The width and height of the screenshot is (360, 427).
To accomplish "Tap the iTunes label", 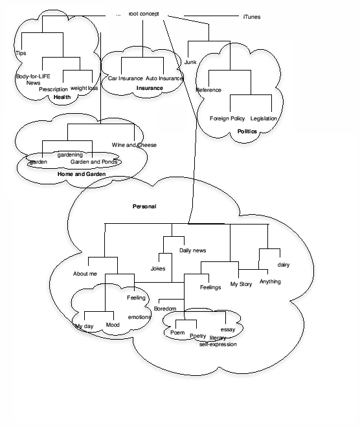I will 252,17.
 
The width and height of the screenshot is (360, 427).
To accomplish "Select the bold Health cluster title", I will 62,97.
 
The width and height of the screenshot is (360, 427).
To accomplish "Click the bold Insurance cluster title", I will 150,88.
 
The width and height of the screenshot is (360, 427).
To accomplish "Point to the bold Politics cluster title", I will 247,131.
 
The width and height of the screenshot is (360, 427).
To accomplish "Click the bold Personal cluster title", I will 144,206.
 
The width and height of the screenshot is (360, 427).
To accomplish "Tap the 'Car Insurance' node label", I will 125,78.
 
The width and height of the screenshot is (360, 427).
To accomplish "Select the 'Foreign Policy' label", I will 227,118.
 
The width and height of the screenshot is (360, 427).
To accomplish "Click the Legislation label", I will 264,118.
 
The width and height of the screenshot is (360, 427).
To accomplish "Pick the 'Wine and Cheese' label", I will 134,145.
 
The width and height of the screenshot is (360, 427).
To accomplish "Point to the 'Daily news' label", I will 193,250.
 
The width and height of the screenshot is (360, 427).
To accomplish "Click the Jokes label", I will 158,268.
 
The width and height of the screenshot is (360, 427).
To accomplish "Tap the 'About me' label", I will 85,274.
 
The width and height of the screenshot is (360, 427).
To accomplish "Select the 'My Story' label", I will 241,284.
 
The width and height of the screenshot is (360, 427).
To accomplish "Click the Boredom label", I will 165,309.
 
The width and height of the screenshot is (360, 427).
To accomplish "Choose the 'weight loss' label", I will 84,88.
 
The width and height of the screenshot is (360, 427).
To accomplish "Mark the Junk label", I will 190,62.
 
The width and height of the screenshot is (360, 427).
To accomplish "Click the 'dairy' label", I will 284,265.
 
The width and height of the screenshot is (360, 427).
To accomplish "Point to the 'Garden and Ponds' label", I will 94,162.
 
